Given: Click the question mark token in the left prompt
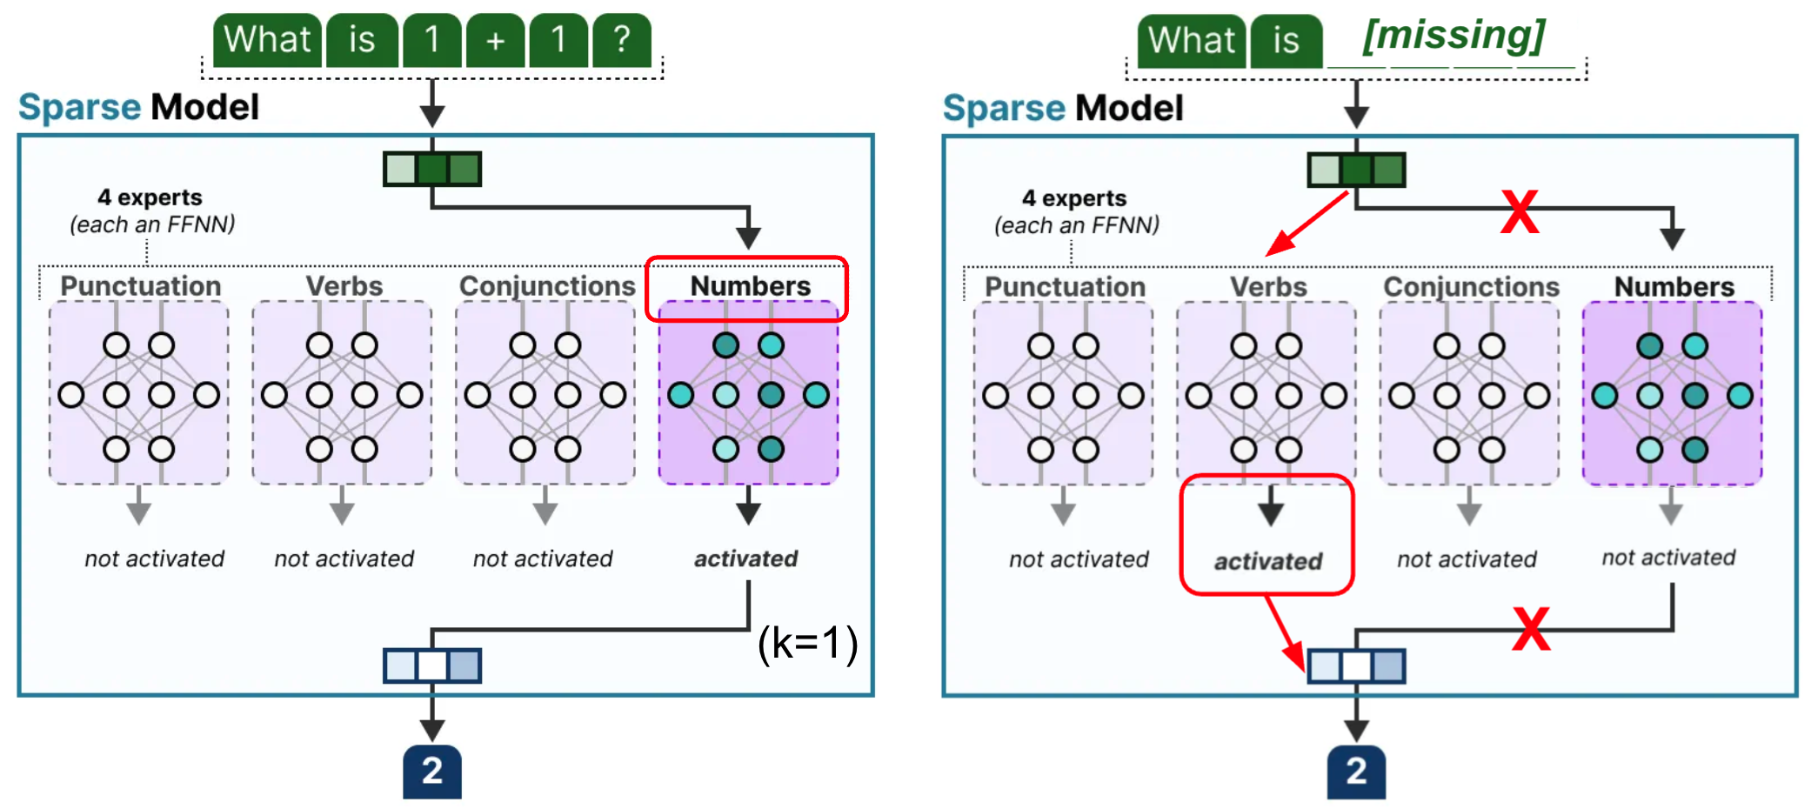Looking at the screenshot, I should click(621, 40).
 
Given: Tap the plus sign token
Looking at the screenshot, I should click(495, 40).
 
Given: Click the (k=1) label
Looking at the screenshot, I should click(807, 644).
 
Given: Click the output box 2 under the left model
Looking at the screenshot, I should click(432, 772).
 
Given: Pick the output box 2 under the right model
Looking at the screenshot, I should click(1356, 772).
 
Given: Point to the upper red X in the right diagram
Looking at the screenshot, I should click(1520, 212).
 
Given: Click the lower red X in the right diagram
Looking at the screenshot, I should click(1531, 629).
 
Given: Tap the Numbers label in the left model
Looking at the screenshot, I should click(750, 286).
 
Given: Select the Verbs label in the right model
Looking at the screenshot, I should click(1268, 287).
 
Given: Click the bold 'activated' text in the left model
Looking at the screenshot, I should click(745, 558).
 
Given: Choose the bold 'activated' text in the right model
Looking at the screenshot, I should click(1267, 561).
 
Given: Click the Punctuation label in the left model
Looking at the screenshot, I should click(140, 286).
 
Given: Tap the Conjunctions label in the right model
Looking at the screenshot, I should click(1471, 287).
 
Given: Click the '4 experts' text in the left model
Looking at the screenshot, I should click(150, 197).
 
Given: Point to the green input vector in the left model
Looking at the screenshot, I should click(432, 169).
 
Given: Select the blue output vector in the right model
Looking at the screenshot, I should click(1356, 666).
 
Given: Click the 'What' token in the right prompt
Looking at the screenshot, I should click(1191, 41).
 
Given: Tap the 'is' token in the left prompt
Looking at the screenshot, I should click(362, 40).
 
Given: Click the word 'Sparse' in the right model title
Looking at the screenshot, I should click(1003, 108).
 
